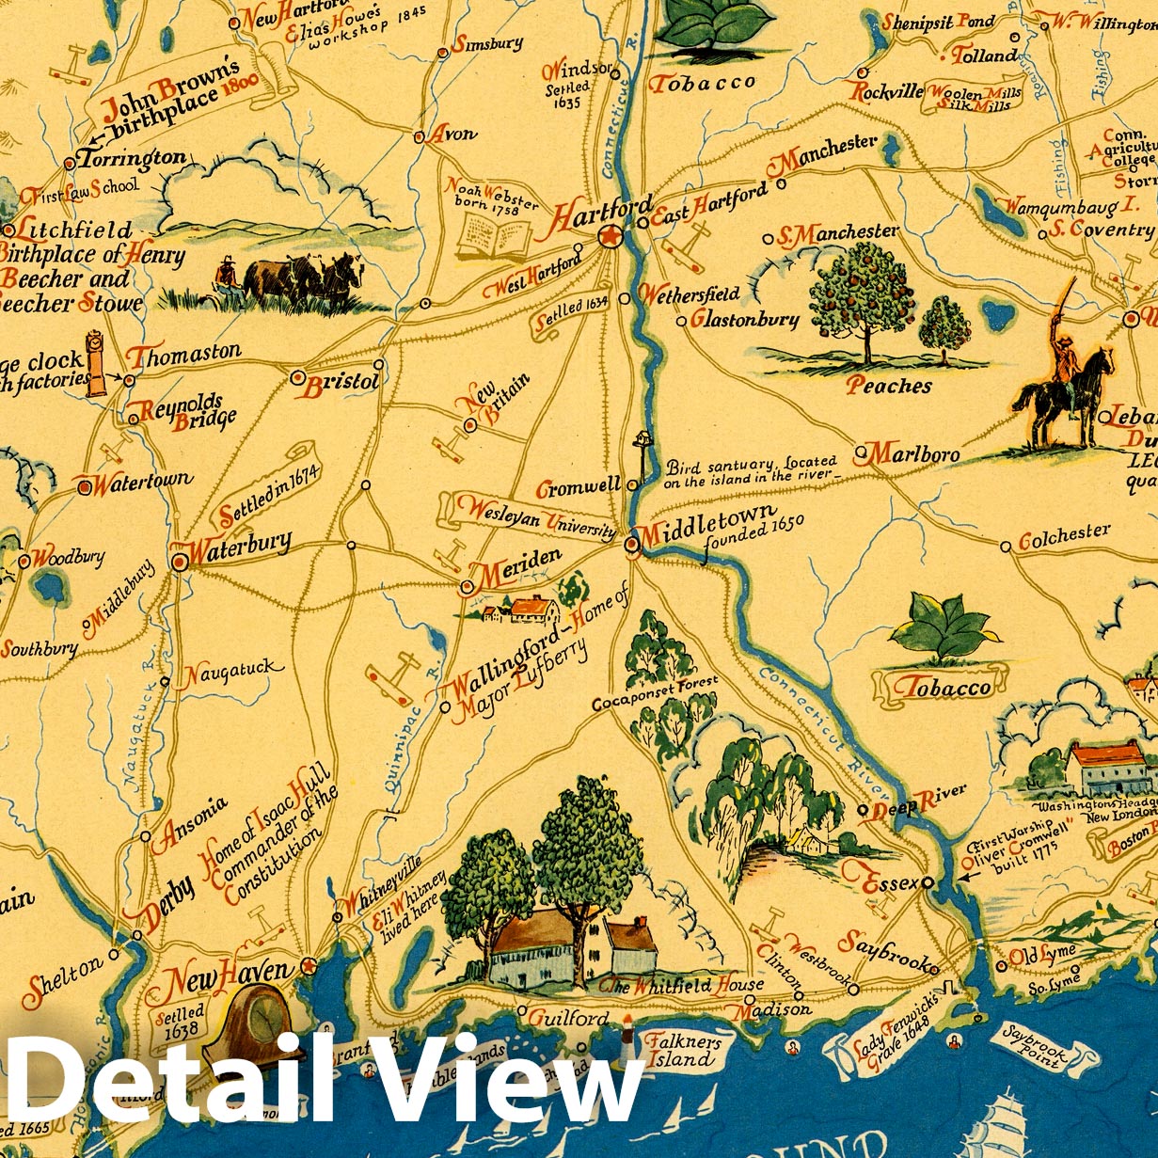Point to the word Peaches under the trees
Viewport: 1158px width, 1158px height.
coord(888,386)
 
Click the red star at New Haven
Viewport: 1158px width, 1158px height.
coord(308,965)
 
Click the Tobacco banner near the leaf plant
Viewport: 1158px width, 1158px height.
coord(942,688)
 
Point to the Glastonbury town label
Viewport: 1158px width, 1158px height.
coord(744,319)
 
